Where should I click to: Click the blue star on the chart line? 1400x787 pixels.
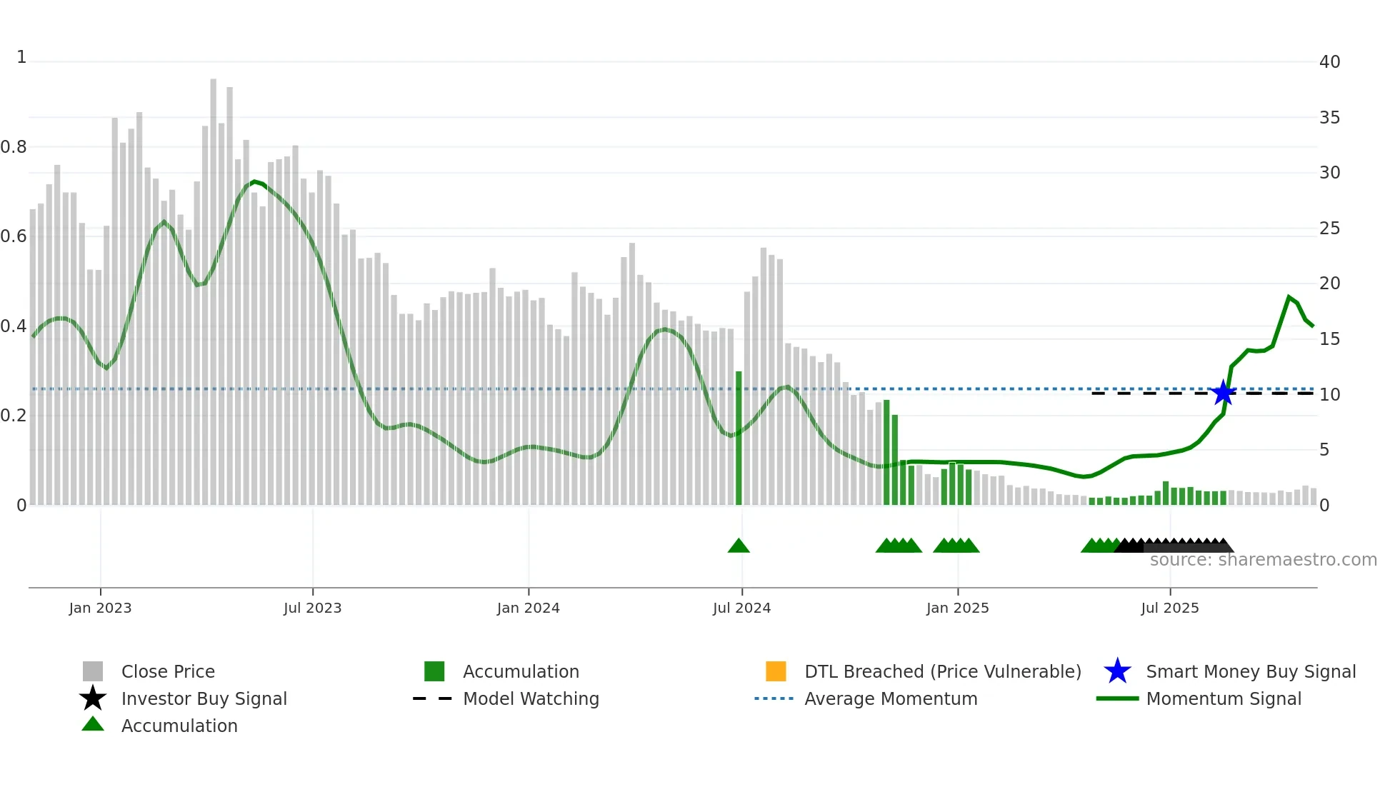pos(1224,393)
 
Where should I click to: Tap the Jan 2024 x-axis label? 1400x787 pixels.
pos(528,608)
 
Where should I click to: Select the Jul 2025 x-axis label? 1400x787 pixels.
pos(1169,608)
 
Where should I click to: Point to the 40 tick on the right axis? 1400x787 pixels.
pos(1329,62)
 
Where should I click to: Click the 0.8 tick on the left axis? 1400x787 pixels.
pos(14,147)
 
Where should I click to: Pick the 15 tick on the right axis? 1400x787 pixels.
pos(1329,339)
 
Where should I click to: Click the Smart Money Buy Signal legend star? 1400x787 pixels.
pos(1117,671)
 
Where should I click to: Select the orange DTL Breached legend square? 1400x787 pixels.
pos(776,671)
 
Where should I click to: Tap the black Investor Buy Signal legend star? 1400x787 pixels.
pos(93,698)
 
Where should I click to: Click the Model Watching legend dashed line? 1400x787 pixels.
pos(433,698)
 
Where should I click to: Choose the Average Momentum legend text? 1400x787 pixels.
pos(891,698)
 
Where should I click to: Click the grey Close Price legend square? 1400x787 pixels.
pos(93,671)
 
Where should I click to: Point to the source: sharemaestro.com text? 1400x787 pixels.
pos(1263,560)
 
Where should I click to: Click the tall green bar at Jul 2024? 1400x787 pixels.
pos(739,437)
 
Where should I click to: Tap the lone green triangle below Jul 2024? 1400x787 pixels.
pos(739,546)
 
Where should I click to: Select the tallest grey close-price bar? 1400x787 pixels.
pos(213,286)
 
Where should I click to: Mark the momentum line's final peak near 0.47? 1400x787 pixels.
pos(1289,296)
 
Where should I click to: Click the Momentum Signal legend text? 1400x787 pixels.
pos(1224,698)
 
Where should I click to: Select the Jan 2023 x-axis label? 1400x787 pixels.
pos(100,608)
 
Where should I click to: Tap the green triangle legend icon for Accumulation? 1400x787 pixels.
pos(93,724)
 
